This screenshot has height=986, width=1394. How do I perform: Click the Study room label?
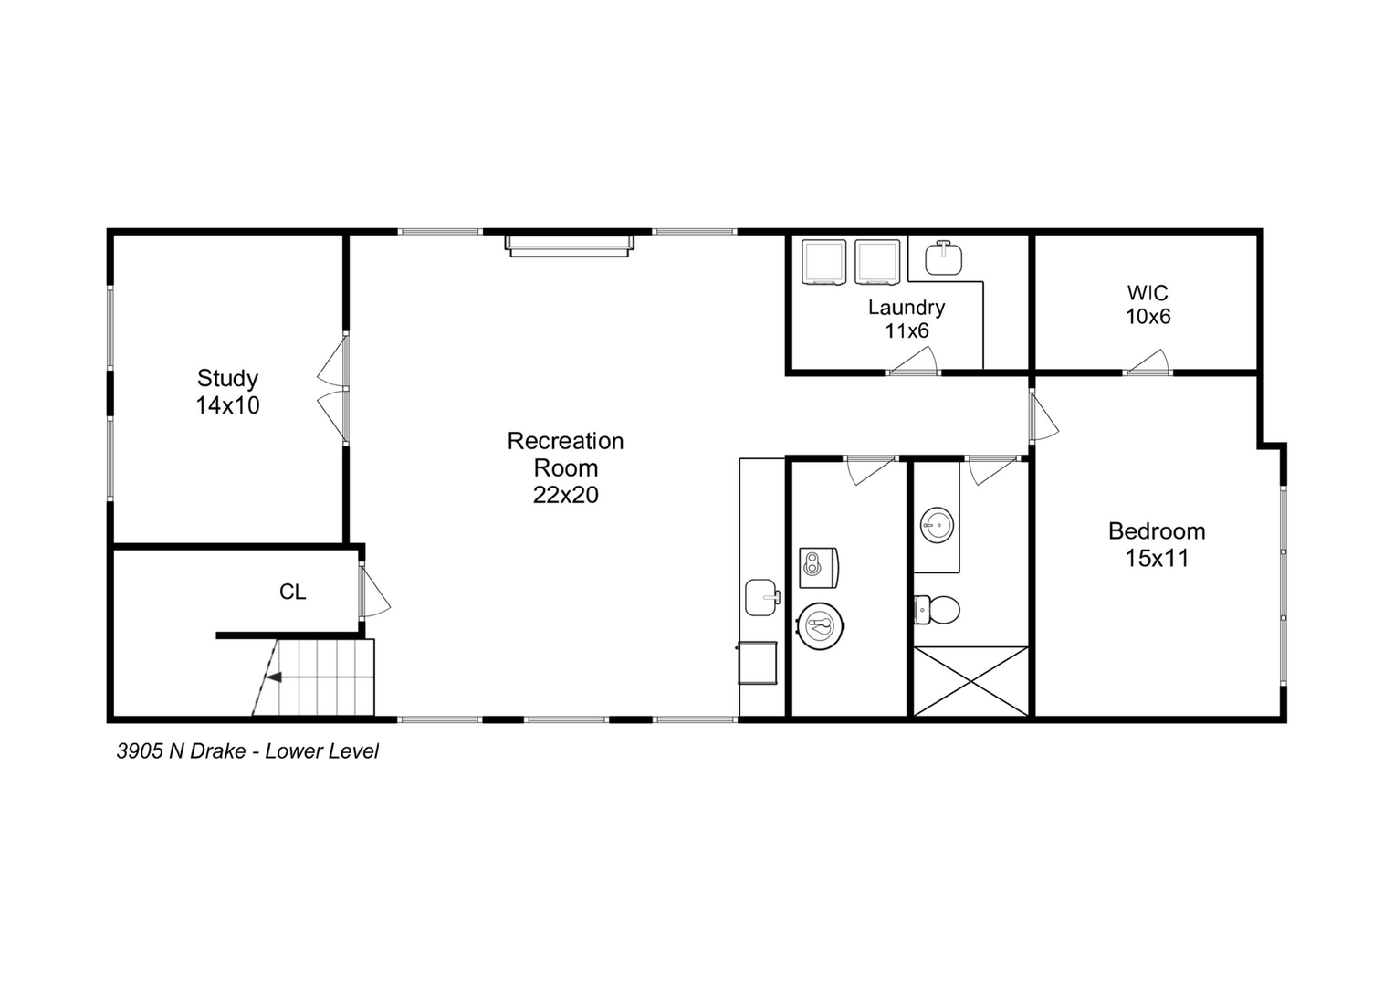click(227, 392)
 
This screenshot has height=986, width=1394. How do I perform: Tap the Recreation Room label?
click(565, 467)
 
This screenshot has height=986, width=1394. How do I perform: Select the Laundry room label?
click(906, 319)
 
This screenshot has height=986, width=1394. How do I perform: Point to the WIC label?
click(1148, 305)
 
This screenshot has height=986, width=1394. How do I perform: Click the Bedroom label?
click(1157, 544)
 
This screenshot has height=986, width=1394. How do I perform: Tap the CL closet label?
click(292, 593)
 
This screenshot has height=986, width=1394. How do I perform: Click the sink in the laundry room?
click(943, 258)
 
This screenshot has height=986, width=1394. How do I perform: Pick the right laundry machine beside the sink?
click(877, 262)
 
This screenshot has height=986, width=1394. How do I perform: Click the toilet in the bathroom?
click(938, 610)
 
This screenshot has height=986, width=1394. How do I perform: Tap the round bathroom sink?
click(937, 525)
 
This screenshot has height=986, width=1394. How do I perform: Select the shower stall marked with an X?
click(970, 681)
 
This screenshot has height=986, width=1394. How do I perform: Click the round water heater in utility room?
click(820, 626)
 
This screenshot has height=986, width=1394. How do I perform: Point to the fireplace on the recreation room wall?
click(570, 246)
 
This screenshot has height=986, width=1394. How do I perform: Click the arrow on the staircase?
click(274, 677)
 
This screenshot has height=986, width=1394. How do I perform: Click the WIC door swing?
click(1148, 363)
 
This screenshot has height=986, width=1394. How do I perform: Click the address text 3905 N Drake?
click(181, 751)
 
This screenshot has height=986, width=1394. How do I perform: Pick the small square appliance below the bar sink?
click(758, 663)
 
